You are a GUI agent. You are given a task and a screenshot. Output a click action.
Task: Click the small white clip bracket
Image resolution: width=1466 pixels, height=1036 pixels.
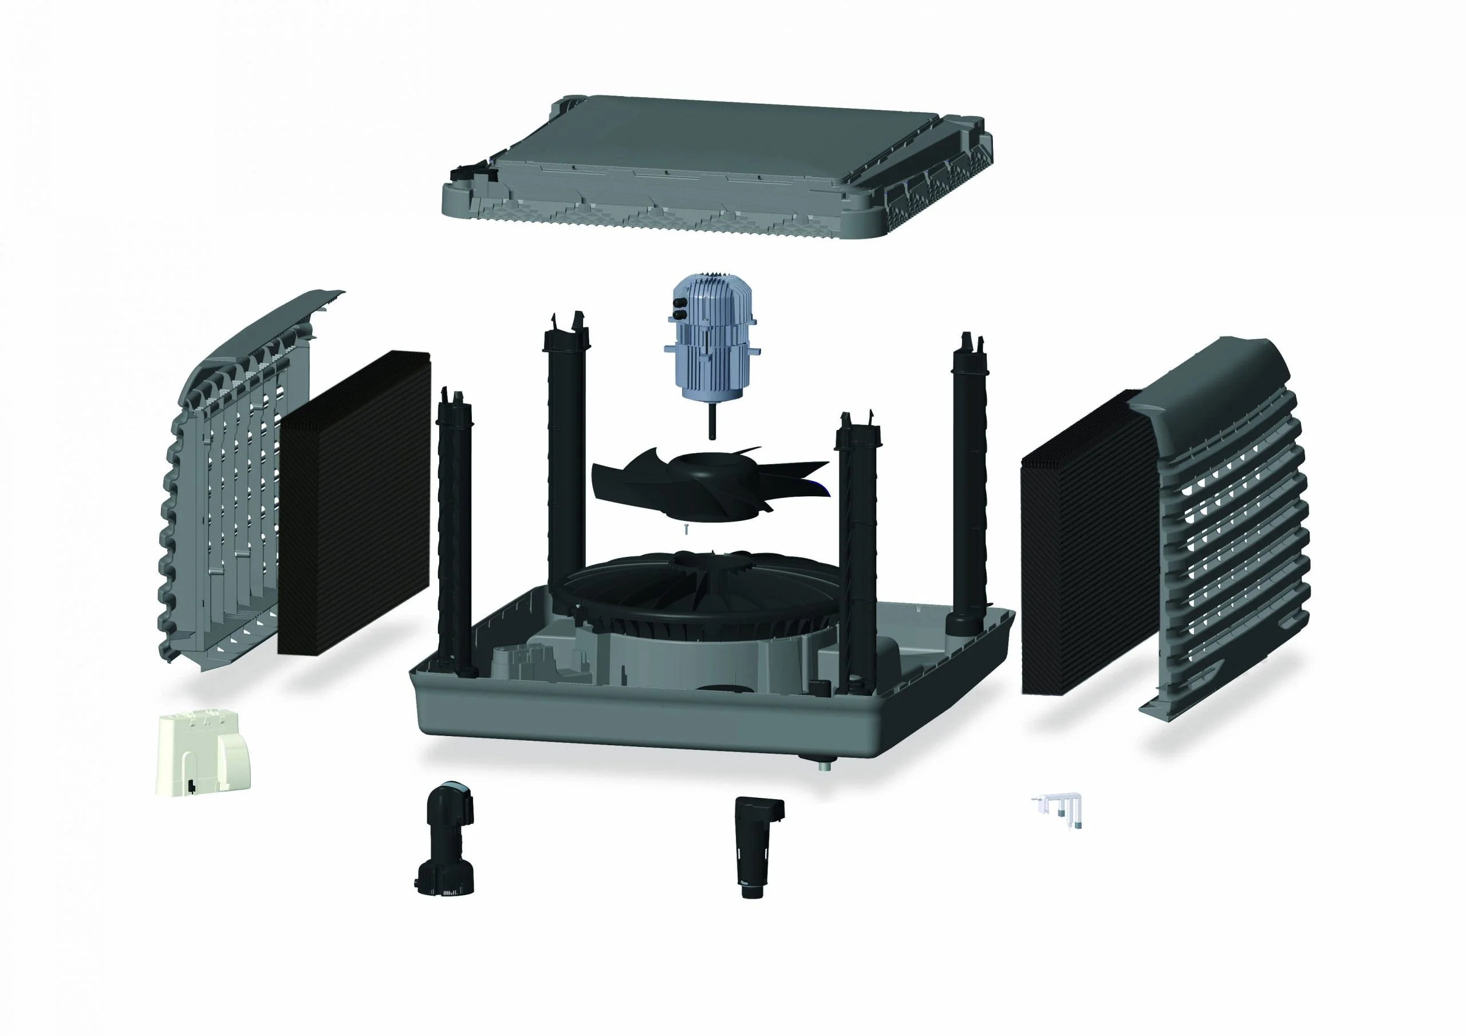pyautogui.click(x=1057, y=808)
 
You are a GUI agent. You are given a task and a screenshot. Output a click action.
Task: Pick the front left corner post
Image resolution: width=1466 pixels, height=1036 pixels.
pyautogui.click(x=456, y=543)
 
